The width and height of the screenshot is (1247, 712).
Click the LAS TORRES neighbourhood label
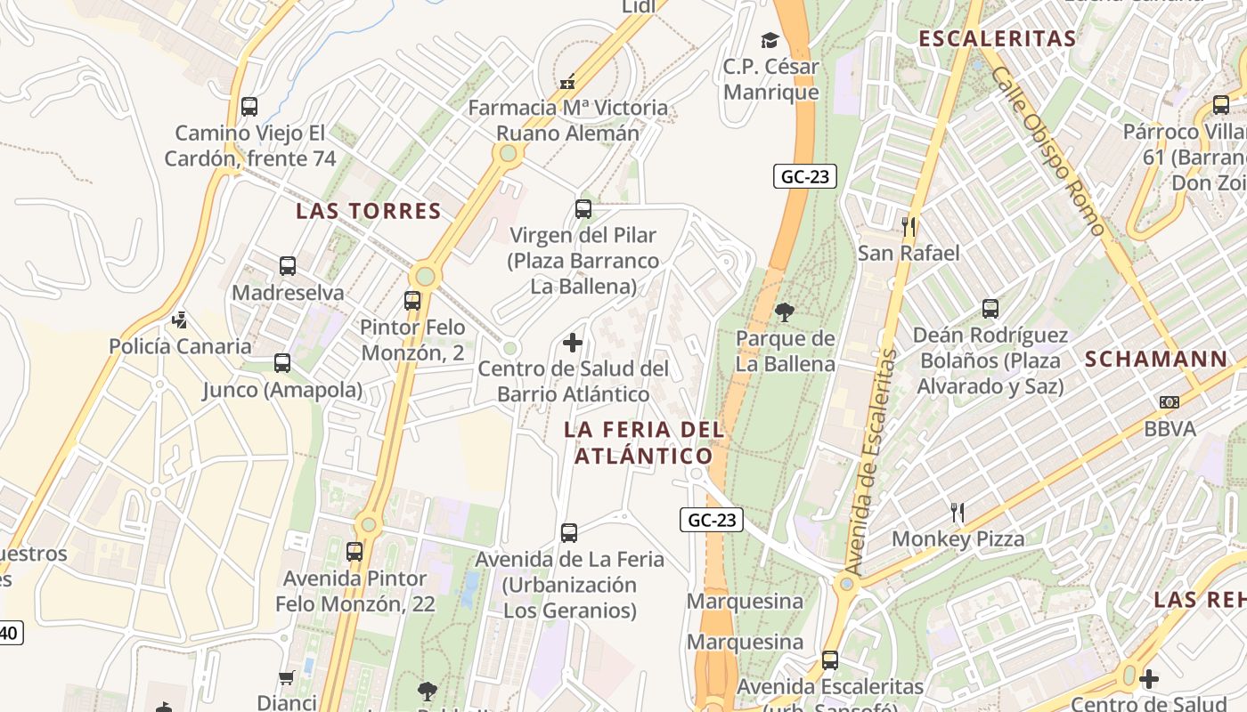(x=369, y=211)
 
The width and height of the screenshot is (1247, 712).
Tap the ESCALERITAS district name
(x=997, y=39)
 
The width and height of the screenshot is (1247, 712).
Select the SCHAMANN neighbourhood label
(x=1156, y=360)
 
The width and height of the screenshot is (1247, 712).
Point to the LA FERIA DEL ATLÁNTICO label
(x=643, y=442)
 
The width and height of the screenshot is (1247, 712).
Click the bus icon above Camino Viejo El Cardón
(x=249, y=107)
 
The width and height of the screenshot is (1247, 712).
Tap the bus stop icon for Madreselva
(x=287, y=266)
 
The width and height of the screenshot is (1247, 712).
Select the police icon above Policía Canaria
(x=180, y=320)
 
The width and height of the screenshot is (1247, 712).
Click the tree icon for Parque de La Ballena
(x=785, y=311)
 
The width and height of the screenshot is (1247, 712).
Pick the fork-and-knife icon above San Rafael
(x=909, y=226)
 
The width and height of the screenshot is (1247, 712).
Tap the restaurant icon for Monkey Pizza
(x=958, y=513)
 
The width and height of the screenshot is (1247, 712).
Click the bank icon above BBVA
(x=1170, y=402)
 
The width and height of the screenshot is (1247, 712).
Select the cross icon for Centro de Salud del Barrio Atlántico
(x=573, y=342)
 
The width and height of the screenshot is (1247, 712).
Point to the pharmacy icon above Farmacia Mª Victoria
(x=567, y=82)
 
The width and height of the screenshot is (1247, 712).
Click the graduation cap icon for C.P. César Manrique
(x=770, y=40)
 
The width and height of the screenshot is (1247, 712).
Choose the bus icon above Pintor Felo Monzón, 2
(x=412, y=301)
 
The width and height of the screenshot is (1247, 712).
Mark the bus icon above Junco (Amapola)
(x=282, y=363)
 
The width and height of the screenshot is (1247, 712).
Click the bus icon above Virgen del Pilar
(x=583, y=209)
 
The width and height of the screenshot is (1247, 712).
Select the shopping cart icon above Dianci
(x=287, y=677)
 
